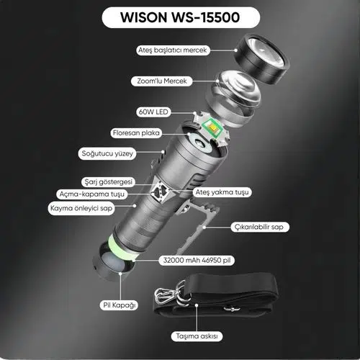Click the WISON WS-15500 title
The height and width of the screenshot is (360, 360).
coord(181,17)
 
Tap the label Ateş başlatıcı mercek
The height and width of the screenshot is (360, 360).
coord(173,50)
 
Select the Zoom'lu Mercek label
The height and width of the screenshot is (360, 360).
coord(162,81)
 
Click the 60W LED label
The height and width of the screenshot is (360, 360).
coord(153,112)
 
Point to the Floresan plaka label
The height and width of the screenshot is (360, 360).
coord(136,132)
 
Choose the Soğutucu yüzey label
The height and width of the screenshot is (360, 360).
coord(107,153)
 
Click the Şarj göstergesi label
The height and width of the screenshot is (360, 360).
coord(108,182)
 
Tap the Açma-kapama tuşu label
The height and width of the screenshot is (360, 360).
coord(92,194)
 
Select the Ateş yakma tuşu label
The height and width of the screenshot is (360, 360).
coord(222,192)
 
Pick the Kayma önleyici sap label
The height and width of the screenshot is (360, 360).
coord(81,208)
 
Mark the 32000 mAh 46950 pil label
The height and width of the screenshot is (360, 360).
coord(197,260)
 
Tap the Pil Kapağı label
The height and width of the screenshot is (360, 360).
coord(119,305)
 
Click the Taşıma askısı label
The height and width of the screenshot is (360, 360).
coord(197,336)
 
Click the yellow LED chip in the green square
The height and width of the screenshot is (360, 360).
coord(212,127)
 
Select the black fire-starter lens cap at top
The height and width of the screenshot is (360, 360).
coord(261,59)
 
